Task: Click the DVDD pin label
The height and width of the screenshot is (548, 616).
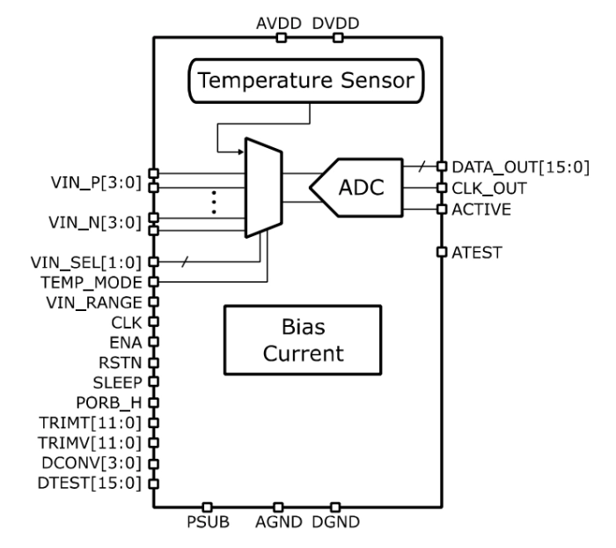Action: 336,21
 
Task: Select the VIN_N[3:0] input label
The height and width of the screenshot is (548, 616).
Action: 99,223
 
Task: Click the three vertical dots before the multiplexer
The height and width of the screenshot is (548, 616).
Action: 215,200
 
